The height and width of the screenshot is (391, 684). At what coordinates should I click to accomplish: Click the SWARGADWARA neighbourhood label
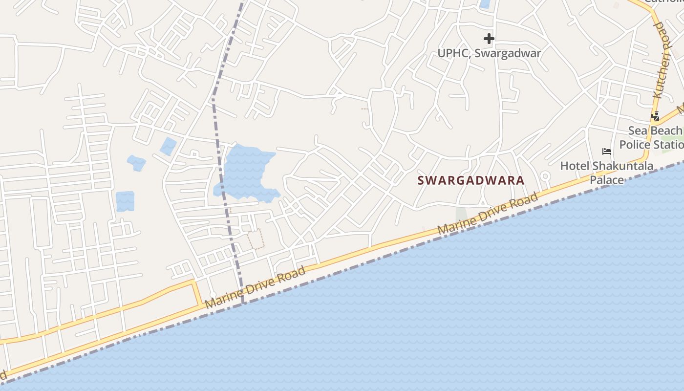pos(470,180)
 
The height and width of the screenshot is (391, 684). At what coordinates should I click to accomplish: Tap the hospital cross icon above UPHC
pos(489,39)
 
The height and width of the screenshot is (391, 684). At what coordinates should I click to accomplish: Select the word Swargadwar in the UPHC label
pos(508,53)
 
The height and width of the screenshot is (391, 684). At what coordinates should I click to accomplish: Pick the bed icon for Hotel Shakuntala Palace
pos(607,152)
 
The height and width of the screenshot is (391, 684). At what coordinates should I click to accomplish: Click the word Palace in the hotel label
pos(607,180)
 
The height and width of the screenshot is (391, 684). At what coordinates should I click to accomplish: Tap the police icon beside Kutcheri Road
pos(655,116)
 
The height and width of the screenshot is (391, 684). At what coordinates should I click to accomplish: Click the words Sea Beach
pos(655,130)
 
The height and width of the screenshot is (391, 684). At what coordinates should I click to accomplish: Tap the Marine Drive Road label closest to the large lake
pos(255,287)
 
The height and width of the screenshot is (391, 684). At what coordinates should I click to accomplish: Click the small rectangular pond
pos(125,201)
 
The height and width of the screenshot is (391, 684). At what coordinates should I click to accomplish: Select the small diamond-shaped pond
pos(168,146)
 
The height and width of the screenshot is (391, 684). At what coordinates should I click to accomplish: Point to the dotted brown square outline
pos(256,239)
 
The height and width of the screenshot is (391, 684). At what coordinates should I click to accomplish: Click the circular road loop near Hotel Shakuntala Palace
pos(545,176)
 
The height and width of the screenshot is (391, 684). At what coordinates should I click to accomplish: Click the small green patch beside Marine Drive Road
pos(461,214)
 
